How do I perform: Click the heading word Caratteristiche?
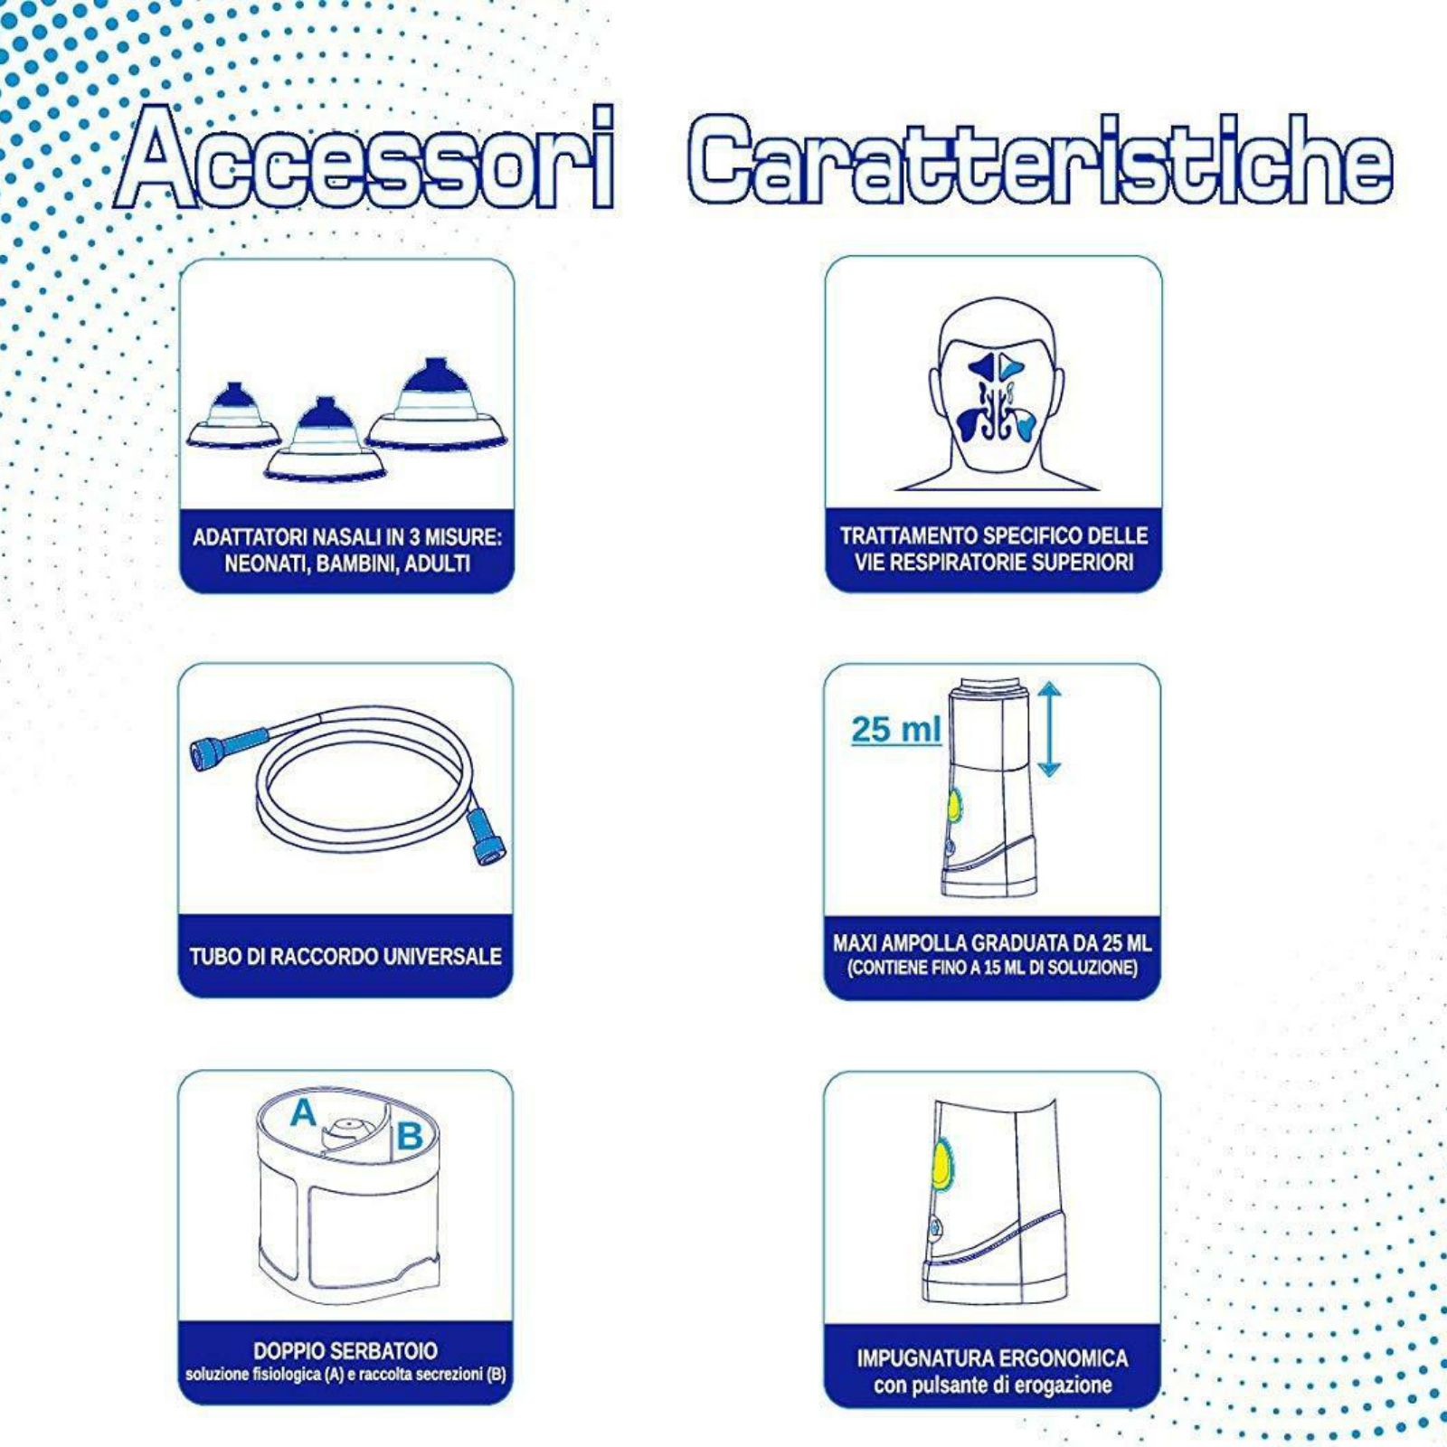pyautogui.click(x=1040, y=159)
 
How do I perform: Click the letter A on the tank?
pyautogui.click(x=304, y=1113)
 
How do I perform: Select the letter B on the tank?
pyautogui.click(x=409, y=1136)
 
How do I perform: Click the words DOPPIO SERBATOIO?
pyautogui.click(x=345, y=1351)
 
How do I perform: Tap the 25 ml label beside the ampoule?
pyautogui.click(x=896, y=729)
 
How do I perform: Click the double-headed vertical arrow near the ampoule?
pyautogui.click(x=1049, y=729)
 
